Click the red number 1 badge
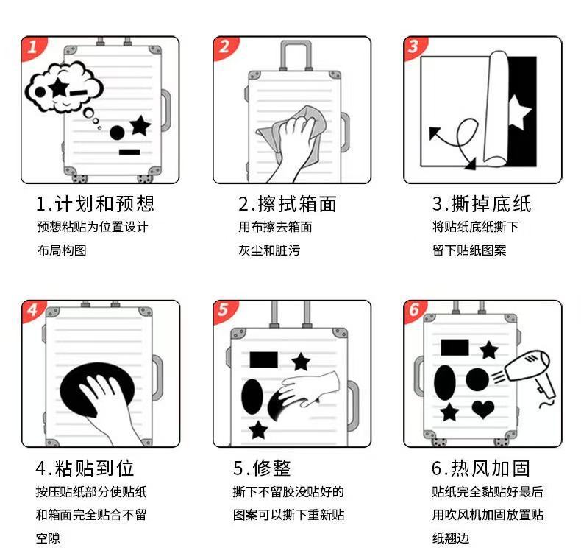pos(32,47)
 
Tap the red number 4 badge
pos(32,310)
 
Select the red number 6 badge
pos(414,310)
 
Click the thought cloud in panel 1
pos(64,88)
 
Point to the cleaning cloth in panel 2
pos(293,133)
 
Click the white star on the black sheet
pos(519,112)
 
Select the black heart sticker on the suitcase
pos(483,410)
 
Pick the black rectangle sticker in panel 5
pos(263,360)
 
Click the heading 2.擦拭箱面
pos(287,204)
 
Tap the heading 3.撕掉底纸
pos(482,204)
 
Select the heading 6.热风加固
pos(481,468)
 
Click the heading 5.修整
pos(262,468)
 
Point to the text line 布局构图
pos(62,250)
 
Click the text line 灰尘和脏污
pos(269,250)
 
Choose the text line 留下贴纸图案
pos(469,250)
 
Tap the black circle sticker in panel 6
pos(477,379)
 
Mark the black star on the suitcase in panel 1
pos(140,125)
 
